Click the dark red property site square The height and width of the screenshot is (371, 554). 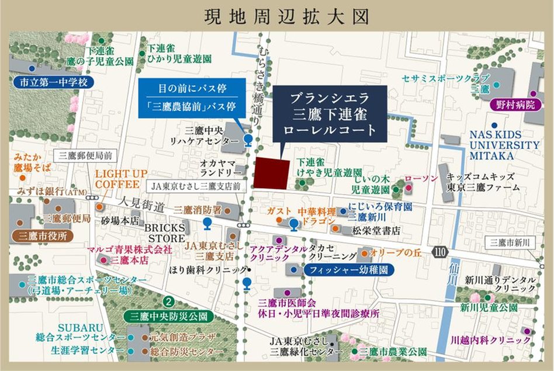(271, 173)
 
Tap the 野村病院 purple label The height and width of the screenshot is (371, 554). (514, 105)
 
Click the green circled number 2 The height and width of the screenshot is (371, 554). (169, 302)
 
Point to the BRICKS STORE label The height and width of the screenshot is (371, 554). (165, 233)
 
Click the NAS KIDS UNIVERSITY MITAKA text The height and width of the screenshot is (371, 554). (504, 145)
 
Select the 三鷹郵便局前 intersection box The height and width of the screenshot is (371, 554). (88, 155)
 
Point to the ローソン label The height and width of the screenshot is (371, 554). (421, 178)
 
